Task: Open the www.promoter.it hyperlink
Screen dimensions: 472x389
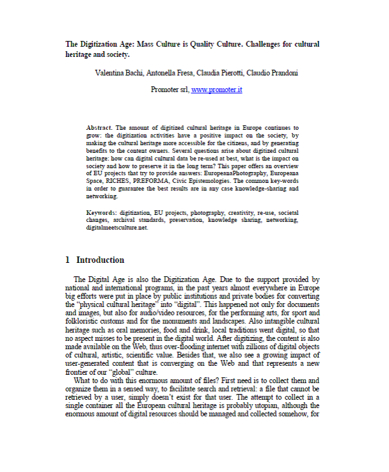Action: [x=216, y=90]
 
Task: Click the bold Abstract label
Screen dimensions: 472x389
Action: [x=99, y=128]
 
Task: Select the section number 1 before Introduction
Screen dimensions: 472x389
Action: [x=68, y=260]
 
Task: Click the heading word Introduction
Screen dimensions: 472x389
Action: [x=100, y=260]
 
